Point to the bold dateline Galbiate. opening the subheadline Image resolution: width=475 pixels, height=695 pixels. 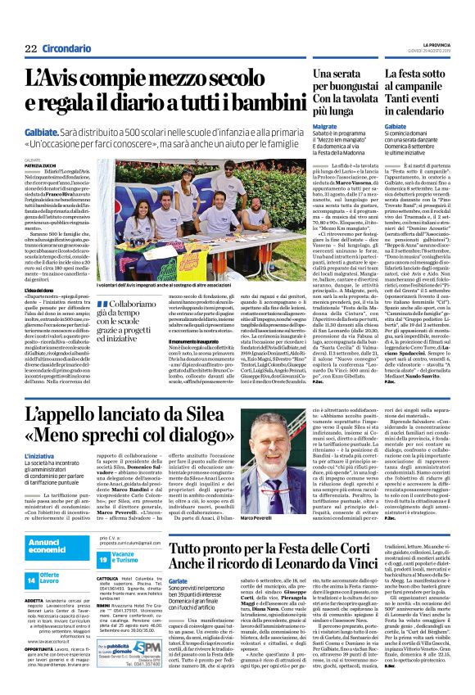[43, 129]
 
